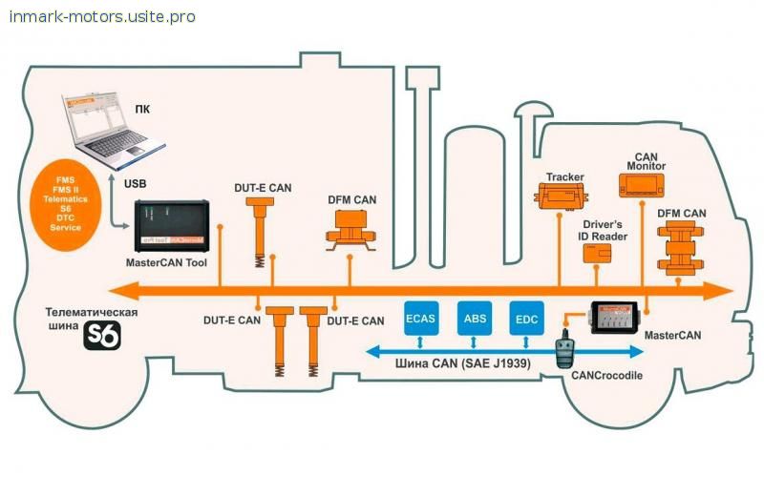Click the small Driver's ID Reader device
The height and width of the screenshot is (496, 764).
pyautogui.click(x=599, y=252)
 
